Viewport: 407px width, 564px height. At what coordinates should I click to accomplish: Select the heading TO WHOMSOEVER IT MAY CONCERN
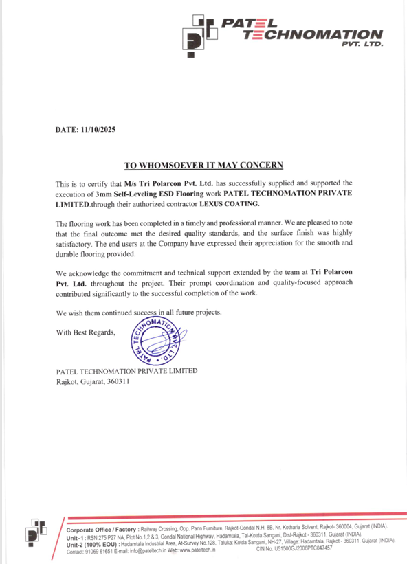click(203, 166)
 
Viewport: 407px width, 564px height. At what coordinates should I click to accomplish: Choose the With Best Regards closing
click(86, 333)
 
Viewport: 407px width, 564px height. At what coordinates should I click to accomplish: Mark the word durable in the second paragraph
click(71, 253)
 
